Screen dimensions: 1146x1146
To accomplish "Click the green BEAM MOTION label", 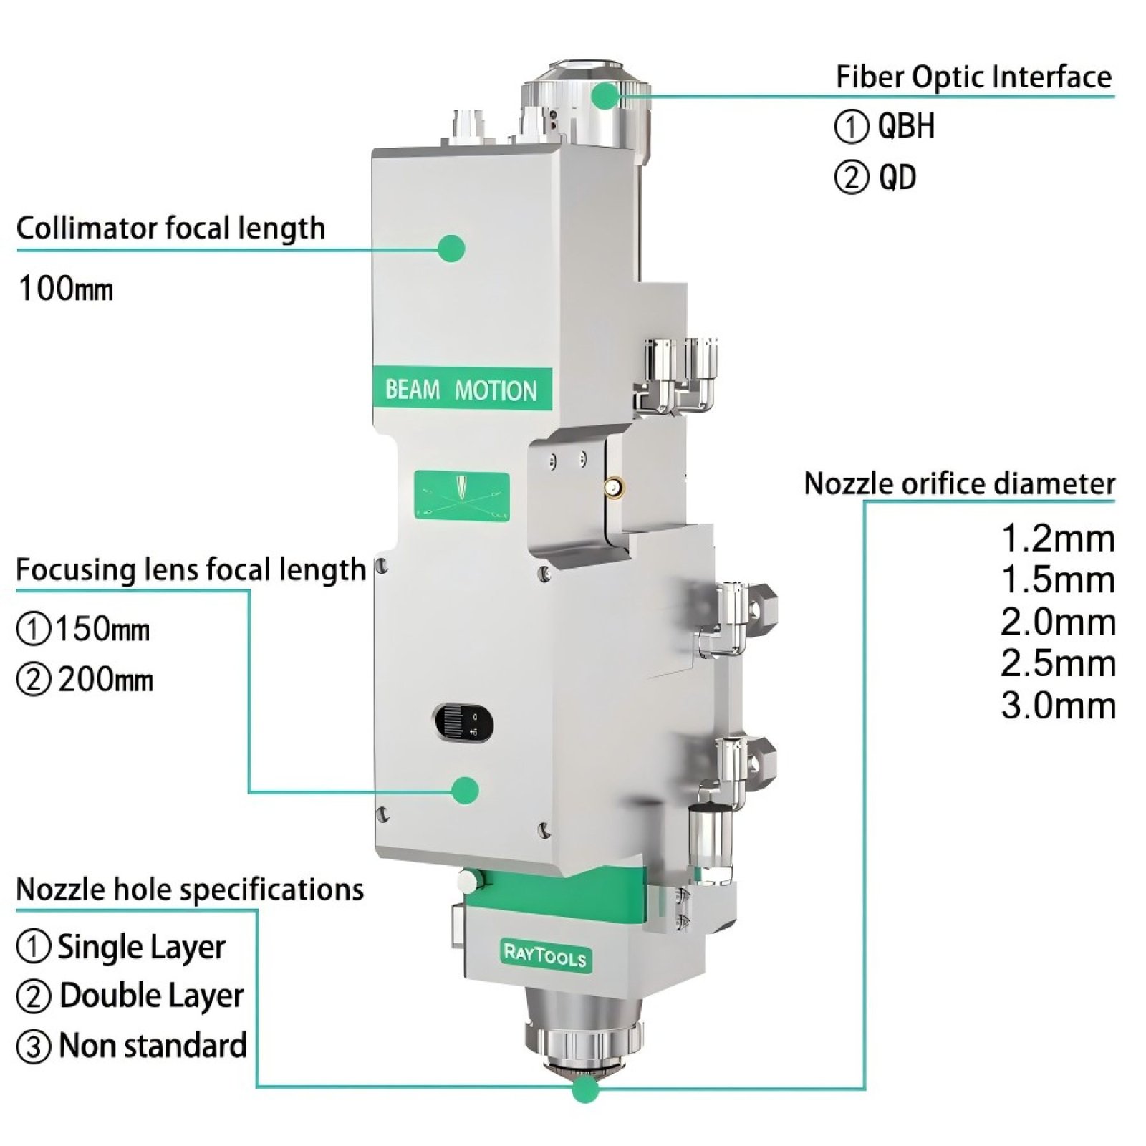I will pos(462,390).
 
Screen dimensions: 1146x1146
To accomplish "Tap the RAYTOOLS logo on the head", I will pos(545,955).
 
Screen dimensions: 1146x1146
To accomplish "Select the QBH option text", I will pos(905,126).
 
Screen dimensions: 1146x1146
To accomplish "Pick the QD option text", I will pos(897,177).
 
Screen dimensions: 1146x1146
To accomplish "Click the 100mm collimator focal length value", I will pos(65,289).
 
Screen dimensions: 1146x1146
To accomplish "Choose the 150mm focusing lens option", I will pos(102,630).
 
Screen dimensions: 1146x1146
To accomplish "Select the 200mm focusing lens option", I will pos(105,680).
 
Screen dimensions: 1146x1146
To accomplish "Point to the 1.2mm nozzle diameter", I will pos(1057,539).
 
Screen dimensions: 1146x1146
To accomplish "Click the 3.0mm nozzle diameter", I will pos(1057,706).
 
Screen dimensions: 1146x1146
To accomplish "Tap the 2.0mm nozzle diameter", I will pos(1057,622).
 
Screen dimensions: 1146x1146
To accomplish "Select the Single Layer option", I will pos(140,947).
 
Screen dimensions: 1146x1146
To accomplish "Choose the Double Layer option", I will pos(150,996).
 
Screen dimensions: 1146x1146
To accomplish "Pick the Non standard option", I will pos(152,1046).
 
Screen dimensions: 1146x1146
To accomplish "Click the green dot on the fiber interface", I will pos(605,95).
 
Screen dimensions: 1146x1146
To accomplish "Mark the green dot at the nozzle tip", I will pos(584,1089).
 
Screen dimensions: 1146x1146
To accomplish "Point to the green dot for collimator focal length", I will pos(451,248).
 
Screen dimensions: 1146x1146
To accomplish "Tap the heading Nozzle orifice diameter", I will pos(959,484).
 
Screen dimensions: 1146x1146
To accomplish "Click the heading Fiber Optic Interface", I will pos(973,77).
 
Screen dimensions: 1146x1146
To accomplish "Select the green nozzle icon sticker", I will pos(462,496).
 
